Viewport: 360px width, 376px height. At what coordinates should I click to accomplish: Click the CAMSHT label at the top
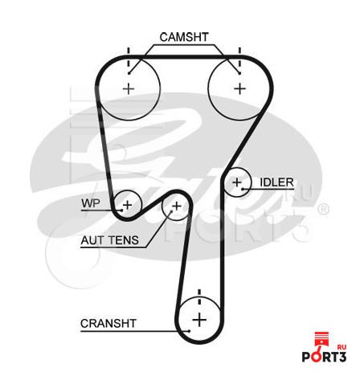pos(184,37)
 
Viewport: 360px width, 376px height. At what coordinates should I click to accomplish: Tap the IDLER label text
pos(276,182)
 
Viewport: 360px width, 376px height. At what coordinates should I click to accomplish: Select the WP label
pos(91,203)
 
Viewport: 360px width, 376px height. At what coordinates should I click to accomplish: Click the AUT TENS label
pos(110,240)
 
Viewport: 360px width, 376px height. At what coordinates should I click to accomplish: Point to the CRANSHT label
pos(108,324)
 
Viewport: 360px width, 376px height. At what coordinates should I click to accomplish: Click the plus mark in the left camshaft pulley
pos(129,88)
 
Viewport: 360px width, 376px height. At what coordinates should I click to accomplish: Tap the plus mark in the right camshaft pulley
pos(240,88)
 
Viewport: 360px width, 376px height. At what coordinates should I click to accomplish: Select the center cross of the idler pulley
pos(237,182)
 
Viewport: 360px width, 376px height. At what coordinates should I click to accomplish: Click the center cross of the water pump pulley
pos(128,205)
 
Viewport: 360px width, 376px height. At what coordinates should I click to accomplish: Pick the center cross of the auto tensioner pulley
pos(177,206)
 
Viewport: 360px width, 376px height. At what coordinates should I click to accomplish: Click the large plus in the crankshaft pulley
pos(199,320)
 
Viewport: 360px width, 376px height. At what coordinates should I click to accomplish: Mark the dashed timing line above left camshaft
pos(129,57)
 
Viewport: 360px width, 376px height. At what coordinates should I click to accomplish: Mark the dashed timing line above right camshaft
pos(239,57)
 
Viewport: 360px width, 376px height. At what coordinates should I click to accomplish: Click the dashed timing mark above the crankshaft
pos(199,296)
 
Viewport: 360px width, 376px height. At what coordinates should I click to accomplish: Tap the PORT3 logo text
pos(324,357)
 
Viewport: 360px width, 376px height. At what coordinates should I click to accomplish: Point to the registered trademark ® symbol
pos(323,209)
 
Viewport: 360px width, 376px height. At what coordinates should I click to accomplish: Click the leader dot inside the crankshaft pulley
pos(190,331)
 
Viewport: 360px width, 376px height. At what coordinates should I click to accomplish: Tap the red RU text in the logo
pos(342,347)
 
